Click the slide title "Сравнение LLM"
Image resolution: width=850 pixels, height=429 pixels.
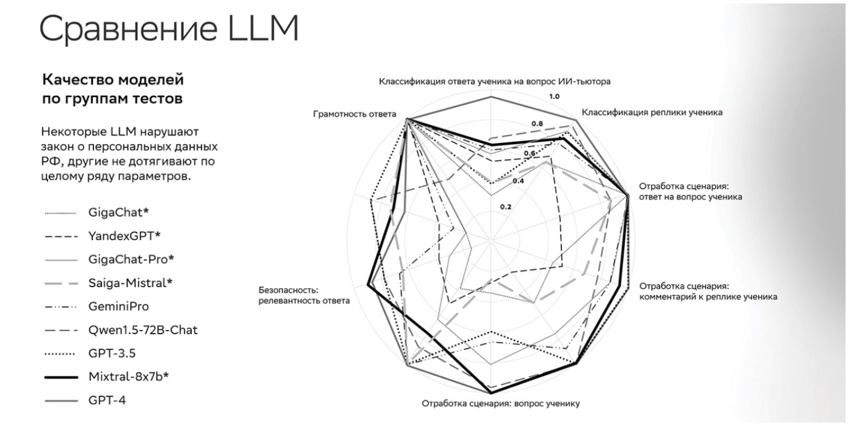[169, 29]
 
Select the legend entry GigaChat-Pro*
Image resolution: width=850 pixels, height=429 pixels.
[131, 260]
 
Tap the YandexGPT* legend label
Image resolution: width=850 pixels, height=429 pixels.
[124, 236]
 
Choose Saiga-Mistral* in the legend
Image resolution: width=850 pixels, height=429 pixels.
[130, 283]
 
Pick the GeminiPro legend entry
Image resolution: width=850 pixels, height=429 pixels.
[119, 307]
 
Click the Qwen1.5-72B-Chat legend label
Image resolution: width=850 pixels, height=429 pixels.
[143, 330]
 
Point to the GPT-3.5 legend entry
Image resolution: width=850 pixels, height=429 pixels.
[112, 353]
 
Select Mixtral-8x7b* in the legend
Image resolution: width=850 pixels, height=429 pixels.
[128, 377]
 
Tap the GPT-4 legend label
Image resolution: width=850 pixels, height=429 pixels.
[107, 400]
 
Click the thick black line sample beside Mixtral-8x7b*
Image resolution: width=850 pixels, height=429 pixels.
[61, 378]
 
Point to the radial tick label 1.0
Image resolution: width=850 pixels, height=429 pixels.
[554, 97]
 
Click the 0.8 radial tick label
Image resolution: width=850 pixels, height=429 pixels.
[537, 124]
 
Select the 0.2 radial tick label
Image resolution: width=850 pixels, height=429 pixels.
[506, 207]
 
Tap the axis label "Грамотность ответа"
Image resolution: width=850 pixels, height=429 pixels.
[355, 114]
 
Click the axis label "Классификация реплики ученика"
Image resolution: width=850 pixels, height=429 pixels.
[652, 113]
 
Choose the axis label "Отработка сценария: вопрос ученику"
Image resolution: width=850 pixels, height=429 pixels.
[501, 404]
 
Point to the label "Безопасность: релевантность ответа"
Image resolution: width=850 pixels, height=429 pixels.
[304, 296]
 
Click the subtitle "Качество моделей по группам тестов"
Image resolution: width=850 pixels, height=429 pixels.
[113, 89]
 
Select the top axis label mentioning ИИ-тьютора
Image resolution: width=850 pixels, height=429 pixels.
[495, 82]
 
